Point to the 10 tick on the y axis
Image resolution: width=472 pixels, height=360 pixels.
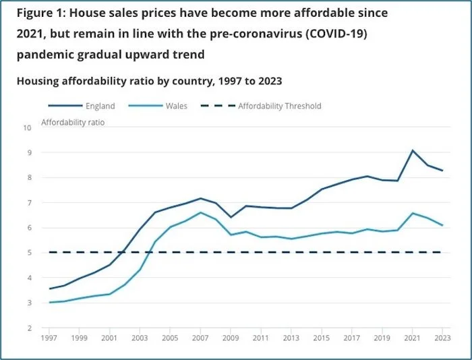(x=27, y=127)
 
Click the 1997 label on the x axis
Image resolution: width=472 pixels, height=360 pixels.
(x=49, y=338)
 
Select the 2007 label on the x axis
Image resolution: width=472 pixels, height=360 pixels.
(x=200, y=338)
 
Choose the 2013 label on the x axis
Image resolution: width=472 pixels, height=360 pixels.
(x=291, y=338)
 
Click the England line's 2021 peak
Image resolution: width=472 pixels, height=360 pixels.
(x=412, y=150)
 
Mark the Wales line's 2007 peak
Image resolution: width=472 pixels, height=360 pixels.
(x=200, y=212)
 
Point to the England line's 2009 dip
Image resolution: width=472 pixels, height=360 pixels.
(x=230, y=217)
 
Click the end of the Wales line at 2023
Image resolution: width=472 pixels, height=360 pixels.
(x=442, y=225)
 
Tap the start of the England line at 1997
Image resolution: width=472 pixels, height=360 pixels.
(x=49, y=289)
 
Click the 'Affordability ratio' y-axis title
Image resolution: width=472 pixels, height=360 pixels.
(x=73, y=122)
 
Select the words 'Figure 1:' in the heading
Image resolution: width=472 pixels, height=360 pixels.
(x=38, y=13)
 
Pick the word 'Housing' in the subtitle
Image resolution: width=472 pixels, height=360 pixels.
(x=38, y=80)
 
